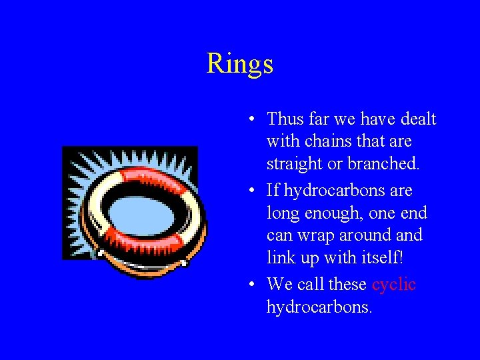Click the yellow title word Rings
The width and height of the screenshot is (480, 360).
point(240,64)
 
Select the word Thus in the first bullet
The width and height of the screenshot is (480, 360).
point(285,119)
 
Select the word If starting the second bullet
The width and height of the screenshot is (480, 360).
point(273,191)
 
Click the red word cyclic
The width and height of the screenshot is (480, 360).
point(394,285)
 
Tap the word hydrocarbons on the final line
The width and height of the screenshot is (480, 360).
point(319,307)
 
